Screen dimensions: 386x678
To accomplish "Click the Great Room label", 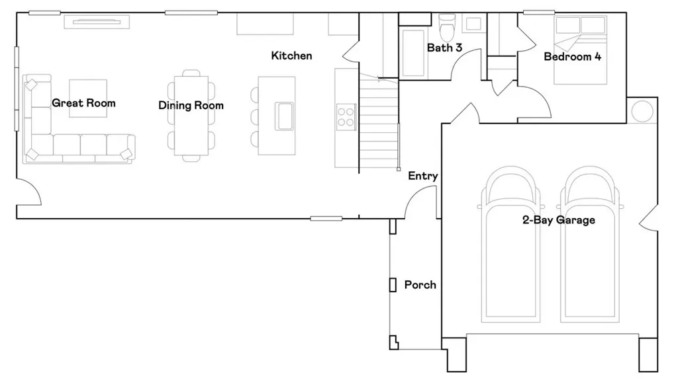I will pos(83,103).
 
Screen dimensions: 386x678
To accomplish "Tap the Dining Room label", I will pos(191,106).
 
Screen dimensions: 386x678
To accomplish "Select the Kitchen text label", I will pos(291,56).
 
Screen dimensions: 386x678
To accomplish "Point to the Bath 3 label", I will pos(444,48).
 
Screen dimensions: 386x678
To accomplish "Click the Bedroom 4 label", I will pos(572,57).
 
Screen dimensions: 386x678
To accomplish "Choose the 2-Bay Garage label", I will pos(558,220).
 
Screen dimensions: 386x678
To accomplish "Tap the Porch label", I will pos(420,285).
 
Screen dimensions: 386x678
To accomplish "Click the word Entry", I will pos(422,176).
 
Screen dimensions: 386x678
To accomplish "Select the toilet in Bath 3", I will pos(448,26).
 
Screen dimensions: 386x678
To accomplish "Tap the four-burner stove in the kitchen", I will pos(346,116).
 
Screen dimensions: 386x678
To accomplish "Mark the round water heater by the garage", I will pos(642,112).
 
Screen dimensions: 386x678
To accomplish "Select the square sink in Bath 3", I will pos(473,24).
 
